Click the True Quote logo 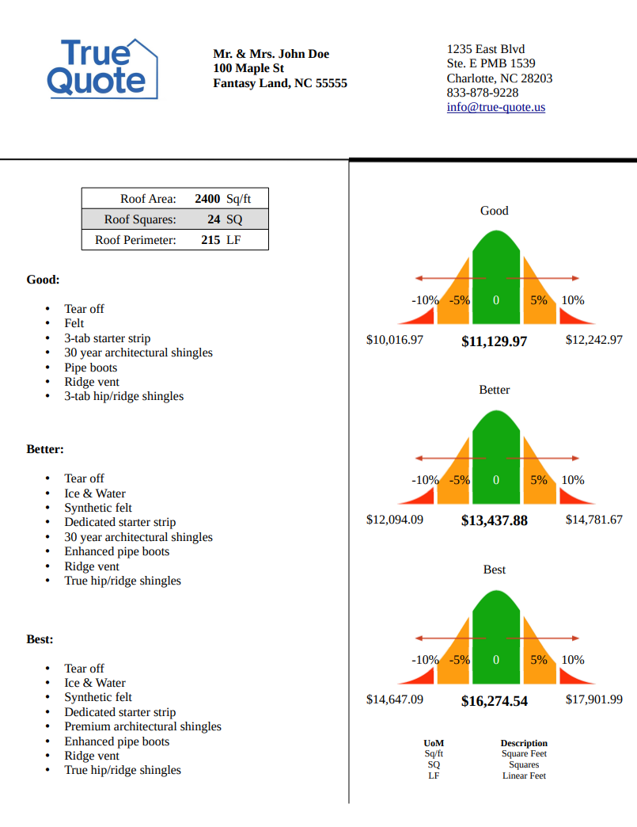pyautogui.click(x=102, y=68)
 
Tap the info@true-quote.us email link pyautogui.click(x=495, y=107)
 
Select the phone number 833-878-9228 pyautogui.click(x=483, y=93)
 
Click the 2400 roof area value pyautogui.click(x=207, y=199)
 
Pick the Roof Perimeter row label pyautogui.click(x=135, y=239)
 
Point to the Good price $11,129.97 pyautogui.click(x=494, y=341)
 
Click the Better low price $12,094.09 pyautogui.click(x=395, y=520)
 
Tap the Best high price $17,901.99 pyautogui.click(x=593, y=699)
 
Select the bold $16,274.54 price pyautogui.click(x=494, y=701)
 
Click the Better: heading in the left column pyautogui.click(x=45, y=449)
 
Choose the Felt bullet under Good pyautogui.click(x=74, y=323)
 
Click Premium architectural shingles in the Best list pyautogui.click(x=142, y=726)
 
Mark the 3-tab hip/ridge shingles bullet pyautogui.click(x=123, y=396)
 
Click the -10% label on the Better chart pyautogui.click(x=425, y=480)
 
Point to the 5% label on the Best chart pyautogui.click(x=539, y=660)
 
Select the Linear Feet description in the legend pyautogui.click(x=524, y=776)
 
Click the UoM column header pyautogui.click(x=434, y=743)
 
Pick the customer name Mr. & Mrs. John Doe pyautogui.click(x=271, y=54)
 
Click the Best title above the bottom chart pyautogui.click(x=494, y=570)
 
